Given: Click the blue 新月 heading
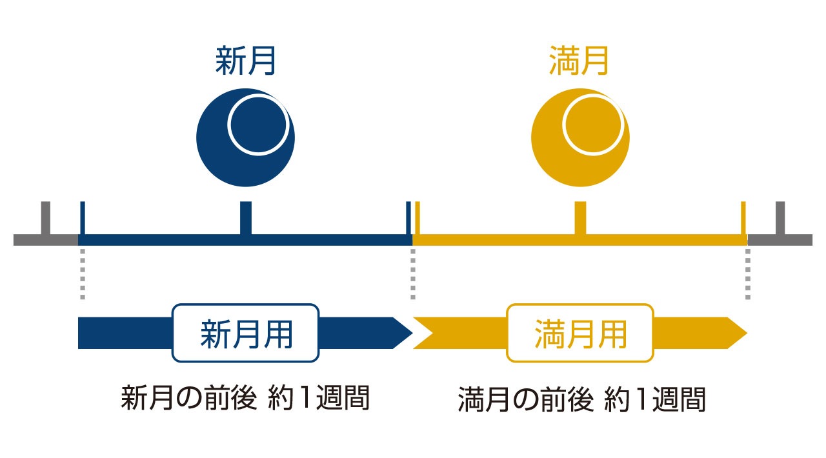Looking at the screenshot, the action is [x=245, y=61].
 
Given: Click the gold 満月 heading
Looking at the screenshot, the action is [x=579, y=61].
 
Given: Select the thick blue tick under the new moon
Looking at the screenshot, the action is [x=246, y=218].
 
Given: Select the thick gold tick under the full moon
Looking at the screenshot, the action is [x=580, y=218].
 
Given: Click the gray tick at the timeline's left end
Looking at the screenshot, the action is [x=46, y=218].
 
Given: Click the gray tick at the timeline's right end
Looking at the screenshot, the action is [x=780, y=218].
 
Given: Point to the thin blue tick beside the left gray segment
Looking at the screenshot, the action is [x=83, y=218].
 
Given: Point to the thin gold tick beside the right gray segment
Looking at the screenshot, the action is [x=743, y=218].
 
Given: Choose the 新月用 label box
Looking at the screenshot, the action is [x=246, y=333].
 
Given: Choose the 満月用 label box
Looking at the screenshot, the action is [x=580, y=333].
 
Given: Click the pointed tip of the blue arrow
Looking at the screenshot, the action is [x=412, y=333].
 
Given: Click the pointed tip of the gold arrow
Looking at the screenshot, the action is [x=747, y=333].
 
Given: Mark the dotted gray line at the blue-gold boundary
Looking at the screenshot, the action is [x=413, y=274].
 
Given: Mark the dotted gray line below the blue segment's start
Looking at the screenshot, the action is [x=83, y=274].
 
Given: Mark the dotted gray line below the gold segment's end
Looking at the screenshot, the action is [x=748, y=274].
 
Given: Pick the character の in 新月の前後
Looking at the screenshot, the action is [x=189, y=398].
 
